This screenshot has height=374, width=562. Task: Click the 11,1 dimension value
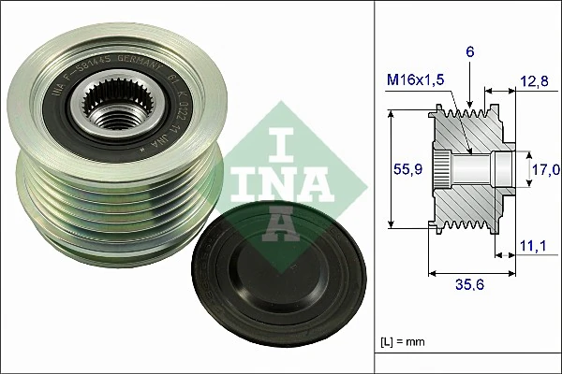pyautogui.click(x=531, y=246)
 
